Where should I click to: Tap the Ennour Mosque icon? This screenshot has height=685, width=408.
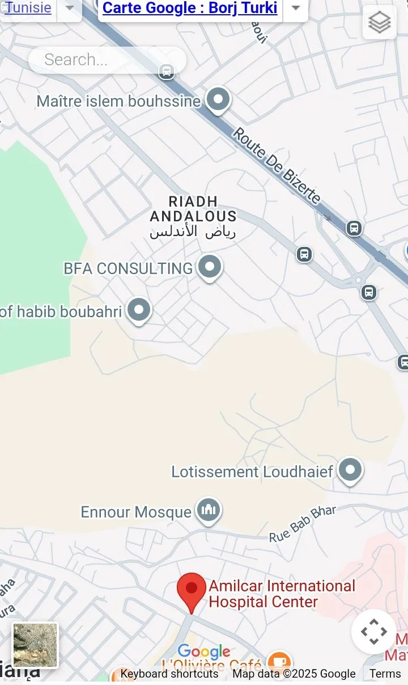coord(209,510)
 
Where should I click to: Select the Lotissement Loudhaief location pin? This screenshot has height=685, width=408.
coord(350,470)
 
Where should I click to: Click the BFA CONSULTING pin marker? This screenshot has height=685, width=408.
coord(210,267)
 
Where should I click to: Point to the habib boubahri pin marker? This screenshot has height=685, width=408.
coord(139,310)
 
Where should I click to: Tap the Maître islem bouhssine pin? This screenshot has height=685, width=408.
coord(218,99)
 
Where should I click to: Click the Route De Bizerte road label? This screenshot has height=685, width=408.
coord(278,166)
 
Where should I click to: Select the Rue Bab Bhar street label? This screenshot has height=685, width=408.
coord(302,524)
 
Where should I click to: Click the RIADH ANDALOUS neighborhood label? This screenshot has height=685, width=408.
coord(193,209)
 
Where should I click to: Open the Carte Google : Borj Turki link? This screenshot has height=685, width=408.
coord(190,8)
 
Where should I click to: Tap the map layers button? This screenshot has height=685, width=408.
coord(379,23)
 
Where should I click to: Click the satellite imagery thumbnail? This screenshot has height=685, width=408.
coord(35,645)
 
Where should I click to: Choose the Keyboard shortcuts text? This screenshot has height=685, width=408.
coord(169,674)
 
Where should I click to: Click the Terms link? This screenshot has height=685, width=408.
coord(385,674)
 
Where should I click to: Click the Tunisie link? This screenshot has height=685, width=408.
coord(28,8)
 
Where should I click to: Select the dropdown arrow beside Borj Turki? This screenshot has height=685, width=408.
coord(296,8)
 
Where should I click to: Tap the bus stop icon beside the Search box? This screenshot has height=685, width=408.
coord(166,72)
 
